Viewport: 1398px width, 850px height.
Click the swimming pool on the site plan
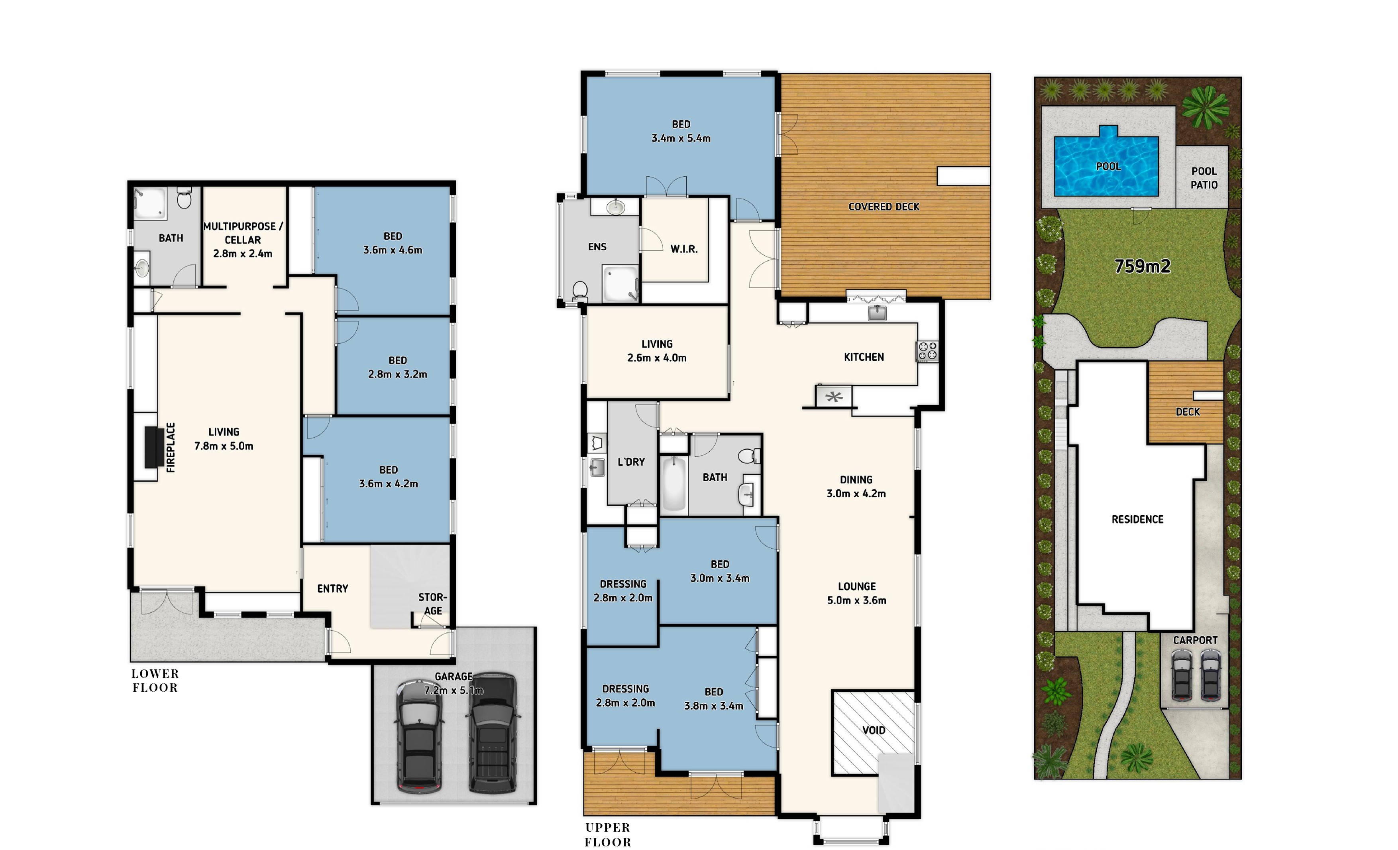coord(1106,163)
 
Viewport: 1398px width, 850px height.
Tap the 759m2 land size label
coord(1143,266)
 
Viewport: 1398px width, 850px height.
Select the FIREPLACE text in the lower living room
coord(171,447)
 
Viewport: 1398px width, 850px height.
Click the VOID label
coord(874,730)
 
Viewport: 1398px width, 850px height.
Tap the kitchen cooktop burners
coord(927,351)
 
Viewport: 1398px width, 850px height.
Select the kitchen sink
coord(877,313)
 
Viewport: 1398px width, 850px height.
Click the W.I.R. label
coord(684,249)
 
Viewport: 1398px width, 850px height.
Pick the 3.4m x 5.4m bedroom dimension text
coord(681,138)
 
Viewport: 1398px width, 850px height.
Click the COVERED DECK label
coord(884,207)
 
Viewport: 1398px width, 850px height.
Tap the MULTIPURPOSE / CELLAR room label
coord(243,233)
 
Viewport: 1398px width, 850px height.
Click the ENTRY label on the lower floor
coord(332,588)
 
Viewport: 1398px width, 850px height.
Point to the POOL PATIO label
coord(1204,177)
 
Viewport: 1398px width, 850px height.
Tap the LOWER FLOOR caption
coord(155,680)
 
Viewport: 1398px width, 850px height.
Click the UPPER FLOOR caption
coord(608,835)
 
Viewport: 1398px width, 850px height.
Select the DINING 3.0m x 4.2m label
coord(856,486)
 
